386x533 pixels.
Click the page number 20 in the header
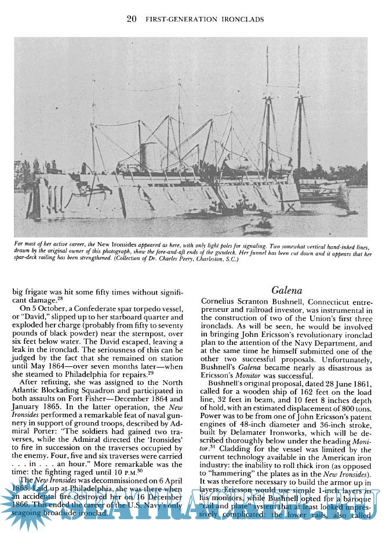[x=132, y=20]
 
